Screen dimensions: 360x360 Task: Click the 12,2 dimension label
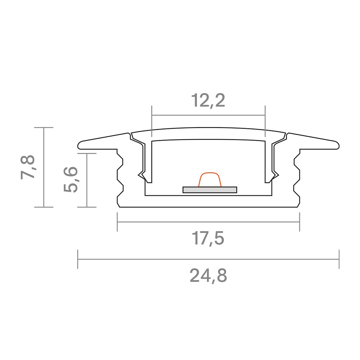(x=208, y=101)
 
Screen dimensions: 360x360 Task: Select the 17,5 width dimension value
(x=208, y=239)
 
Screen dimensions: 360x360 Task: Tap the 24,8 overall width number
(x=208, y=276)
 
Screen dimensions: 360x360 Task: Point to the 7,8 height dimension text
(x=28, y=167)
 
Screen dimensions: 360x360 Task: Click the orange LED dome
(x=210, y=180)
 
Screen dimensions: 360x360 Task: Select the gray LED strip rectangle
(x=210, y=190)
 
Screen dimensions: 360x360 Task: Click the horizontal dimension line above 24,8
(x=208, y=259)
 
